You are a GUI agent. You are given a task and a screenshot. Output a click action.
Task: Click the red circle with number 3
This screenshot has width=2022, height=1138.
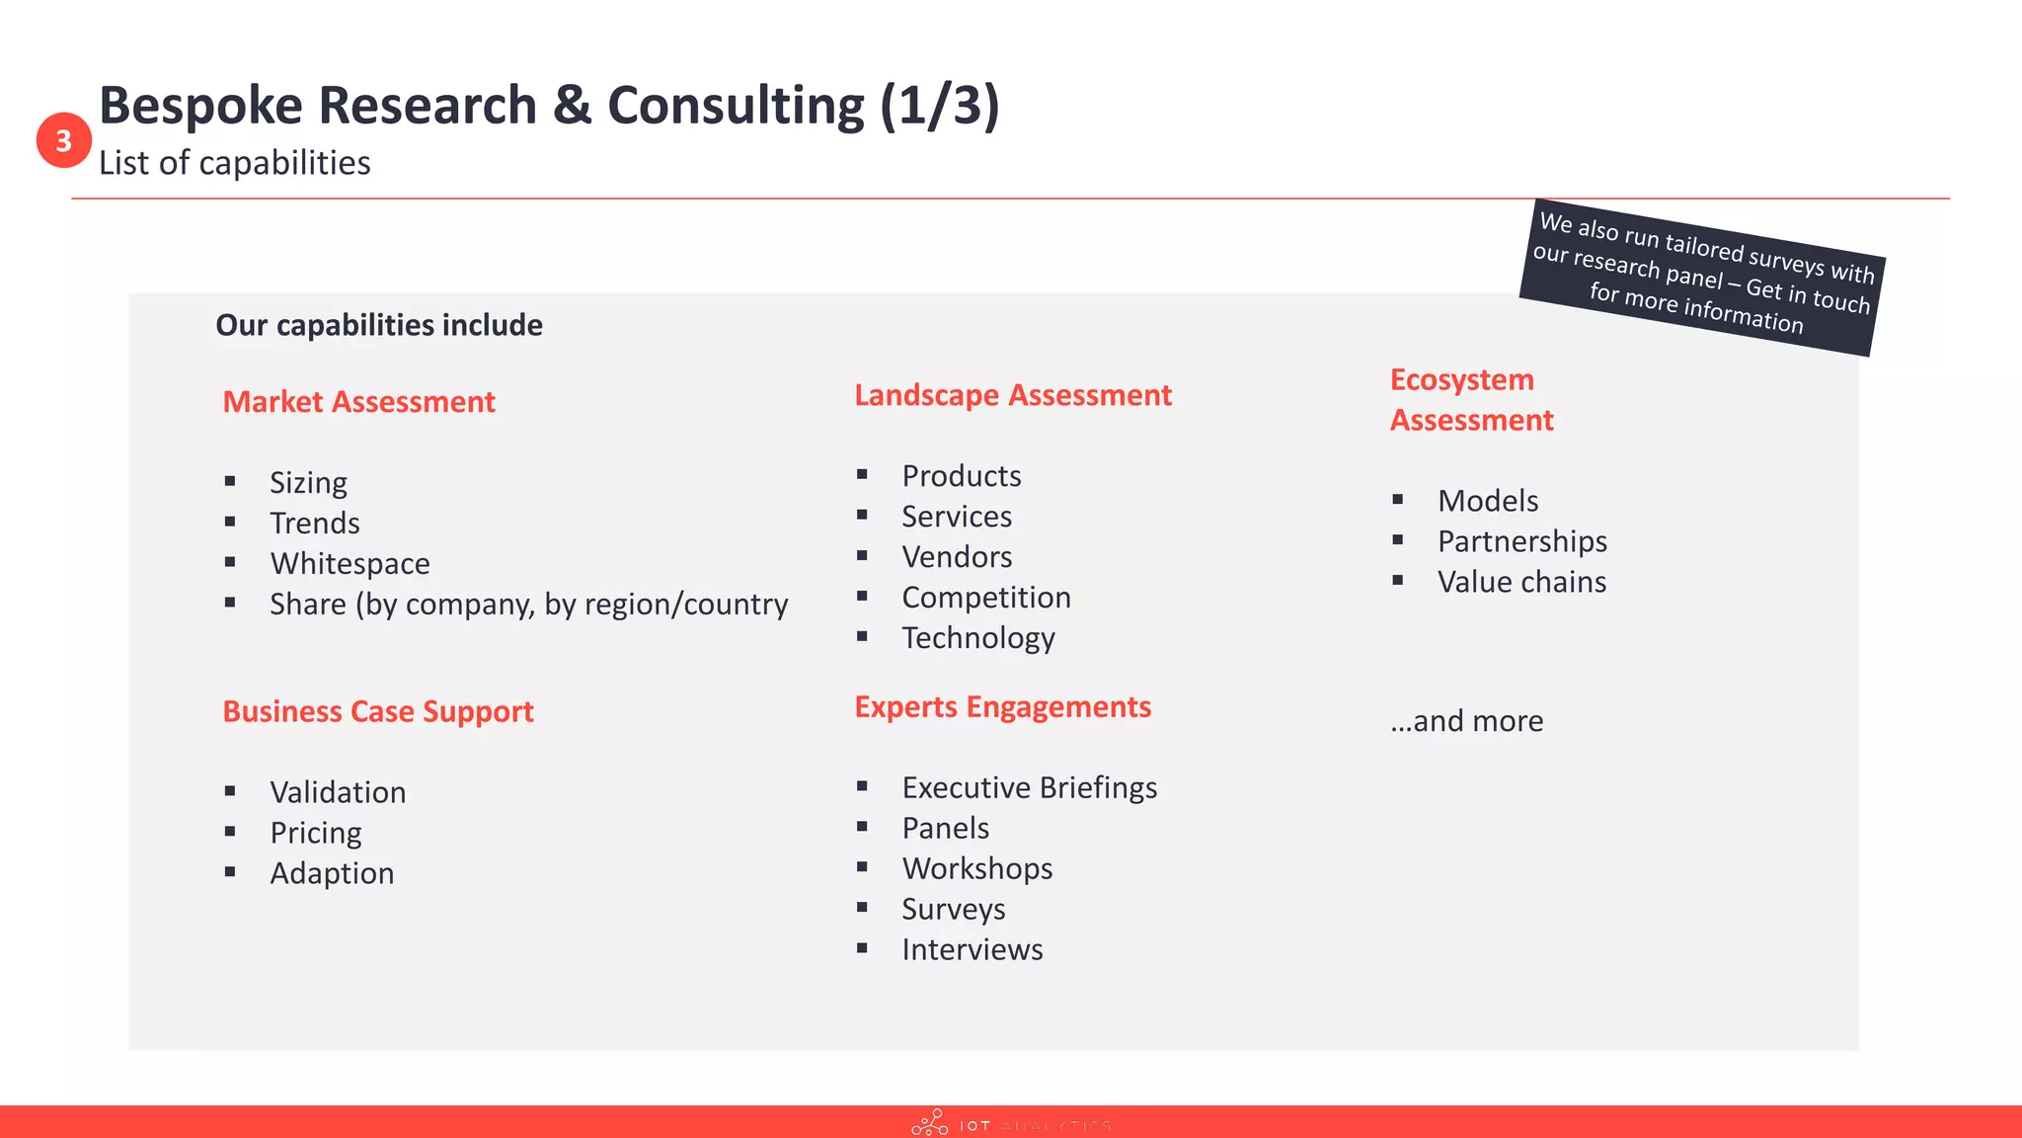click(64, 140)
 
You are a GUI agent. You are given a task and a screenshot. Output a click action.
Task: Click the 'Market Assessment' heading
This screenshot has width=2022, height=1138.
click(358, 402)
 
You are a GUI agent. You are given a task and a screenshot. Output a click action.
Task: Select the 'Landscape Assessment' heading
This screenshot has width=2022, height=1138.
click(1012, 395)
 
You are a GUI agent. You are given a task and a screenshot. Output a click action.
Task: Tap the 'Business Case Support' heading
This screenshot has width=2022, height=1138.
click(377, 711)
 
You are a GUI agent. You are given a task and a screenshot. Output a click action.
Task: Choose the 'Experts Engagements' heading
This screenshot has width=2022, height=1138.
click(1002, 707)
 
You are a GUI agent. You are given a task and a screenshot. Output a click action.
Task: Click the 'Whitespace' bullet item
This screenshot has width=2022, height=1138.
click(350, 563)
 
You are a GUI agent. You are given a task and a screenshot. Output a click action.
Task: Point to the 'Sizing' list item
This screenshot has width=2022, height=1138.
click(308, 483)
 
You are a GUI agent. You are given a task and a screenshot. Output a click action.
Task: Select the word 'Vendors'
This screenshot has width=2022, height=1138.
click(957, 557)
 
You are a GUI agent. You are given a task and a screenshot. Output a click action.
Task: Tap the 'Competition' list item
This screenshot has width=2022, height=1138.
click(985, 598)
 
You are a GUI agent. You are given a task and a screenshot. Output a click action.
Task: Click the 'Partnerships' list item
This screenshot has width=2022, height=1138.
click(1521, 541)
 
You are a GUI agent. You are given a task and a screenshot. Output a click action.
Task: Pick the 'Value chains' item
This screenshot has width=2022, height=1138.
click(1521, 582)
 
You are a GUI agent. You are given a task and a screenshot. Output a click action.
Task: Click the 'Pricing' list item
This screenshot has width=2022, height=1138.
click(316, 833)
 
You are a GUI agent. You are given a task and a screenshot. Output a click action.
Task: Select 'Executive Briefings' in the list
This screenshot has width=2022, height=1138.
click(1029, 787)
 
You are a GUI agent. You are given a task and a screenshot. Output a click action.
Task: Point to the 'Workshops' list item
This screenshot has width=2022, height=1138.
click(976, 868)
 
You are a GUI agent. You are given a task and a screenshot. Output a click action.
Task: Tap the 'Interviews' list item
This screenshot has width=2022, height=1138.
click(972, 949)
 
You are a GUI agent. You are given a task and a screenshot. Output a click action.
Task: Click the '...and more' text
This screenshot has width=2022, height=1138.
click(1466, 721)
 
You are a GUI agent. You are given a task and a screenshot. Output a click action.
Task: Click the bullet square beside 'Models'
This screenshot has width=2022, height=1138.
click(1398, 500)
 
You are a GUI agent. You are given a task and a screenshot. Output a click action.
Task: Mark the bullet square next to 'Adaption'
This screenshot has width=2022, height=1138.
click(230, 872)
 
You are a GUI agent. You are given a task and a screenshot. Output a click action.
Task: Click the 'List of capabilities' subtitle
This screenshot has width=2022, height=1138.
click(235, 163)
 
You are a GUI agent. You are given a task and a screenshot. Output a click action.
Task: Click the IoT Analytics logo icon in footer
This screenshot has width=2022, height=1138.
click(929, 1123)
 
